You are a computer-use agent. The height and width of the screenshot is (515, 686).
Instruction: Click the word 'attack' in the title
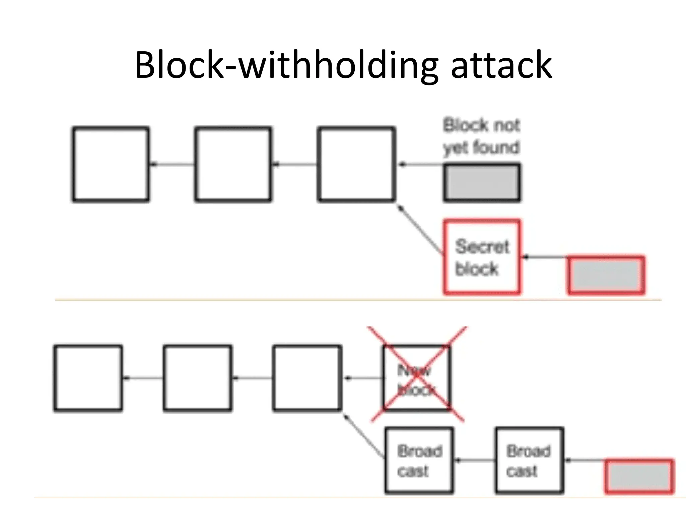pos(501,65)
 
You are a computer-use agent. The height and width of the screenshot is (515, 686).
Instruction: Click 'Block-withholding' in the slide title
pos(286,65)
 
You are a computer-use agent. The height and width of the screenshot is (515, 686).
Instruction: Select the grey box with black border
pos(482,183)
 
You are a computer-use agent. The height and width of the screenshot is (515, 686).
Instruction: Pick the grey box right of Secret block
pos(606,275)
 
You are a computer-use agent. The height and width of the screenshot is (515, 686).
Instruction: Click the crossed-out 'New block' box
pos(417,378)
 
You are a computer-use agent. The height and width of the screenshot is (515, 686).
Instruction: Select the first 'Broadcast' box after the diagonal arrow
pos(419,460)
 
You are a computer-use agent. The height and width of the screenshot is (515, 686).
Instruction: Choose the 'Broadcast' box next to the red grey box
pos(529,460)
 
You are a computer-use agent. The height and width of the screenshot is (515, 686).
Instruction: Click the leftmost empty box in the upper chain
pos(111,165)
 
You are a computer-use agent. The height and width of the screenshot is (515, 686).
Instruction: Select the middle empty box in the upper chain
pos(233,165)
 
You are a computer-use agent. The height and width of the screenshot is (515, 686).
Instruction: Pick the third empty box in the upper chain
pos(356,165)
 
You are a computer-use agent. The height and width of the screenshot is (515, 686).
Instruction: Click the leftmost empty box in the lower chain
pos(88,378)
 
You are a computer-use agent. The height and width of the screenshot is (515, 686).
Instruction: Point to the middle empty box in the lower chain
pos(198,378)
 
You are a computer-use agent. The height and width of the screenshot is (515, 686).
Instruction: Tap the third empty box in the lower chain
pos(307,378)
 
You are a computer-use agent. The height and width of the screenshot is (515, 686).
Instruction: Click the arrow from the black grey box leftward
pos(421,165)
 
